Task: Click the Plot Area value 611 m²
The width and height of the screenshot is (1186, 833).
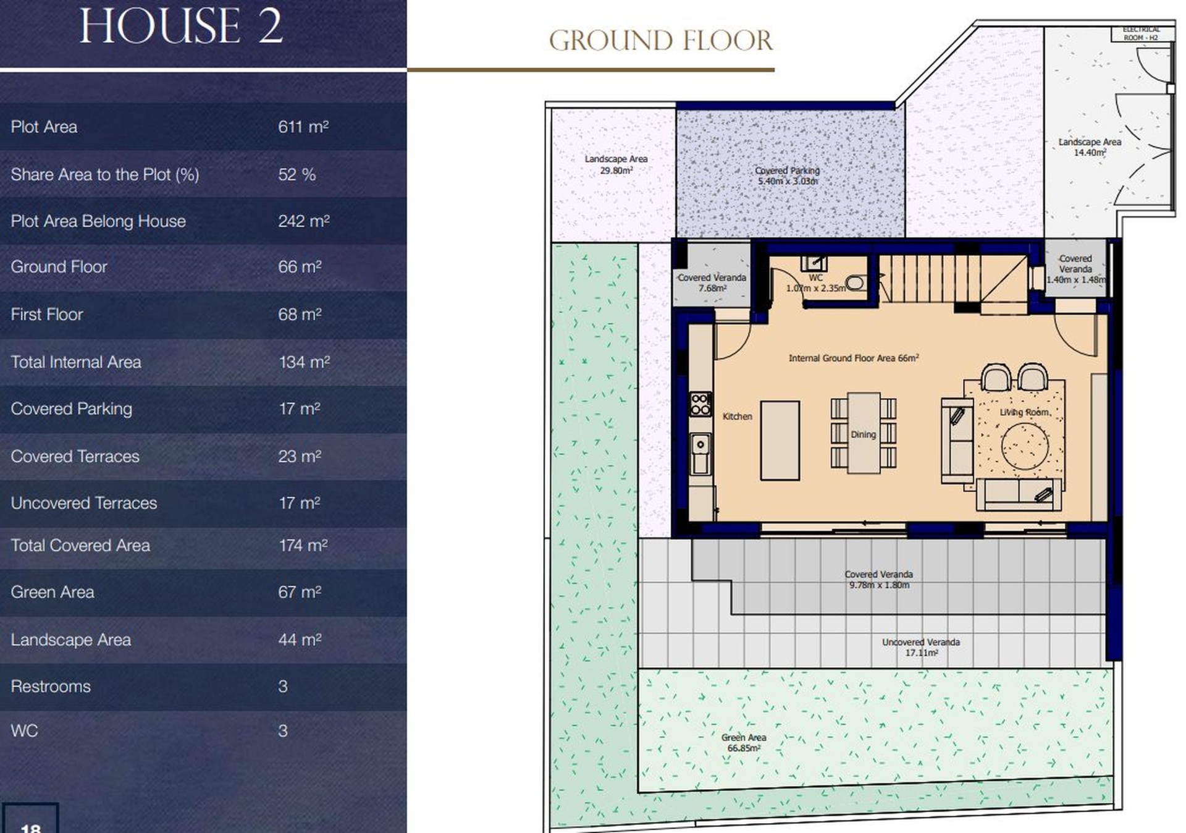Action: click(x=303, y=127)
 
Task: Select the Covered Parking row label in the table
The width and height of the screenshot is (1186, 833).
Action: click(x=72, y=409)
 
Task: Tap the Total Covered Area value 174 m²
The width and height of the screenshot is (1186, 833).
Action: click(x=303, y=546)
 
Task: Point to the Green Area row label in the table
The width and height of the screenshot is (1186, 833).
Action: click(x=53, y=592)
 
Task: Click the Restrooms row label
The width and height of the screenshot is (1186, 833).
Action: click(x=51, y=687)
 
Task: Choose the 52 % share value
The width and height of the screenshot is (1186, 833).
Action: click(x=296, y=174)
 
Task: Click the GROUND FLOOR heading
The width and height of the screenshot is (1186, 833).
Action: click(x=660, y=41)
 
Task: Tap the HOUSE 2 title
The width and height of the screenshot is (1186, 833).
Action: click(x=181, y=26)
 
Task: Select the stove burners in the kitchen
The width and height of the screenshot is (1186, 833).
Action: click(x=700, y=404)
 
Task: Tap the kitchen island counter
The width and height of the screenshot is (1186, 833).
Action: click(x=780, y=441)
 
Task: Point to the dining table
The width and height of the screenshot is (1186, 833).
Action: click(x=864, y=433)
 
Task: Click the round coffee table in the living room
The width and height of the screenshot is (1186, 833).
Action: click(x=1025, y=446)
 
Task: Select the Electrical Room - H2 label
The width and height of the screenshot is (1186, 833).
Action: click(x=1141, y=33)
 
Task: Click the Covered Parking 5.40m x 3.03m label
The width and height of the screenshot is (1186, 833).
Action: click(x=788, y=176)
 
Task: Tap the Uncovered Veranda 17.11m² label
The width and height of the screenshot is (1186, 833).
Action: click(x=921, y=647)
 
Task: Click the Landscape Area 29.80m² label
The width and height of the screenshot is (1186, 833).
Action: click(x=616, y=164)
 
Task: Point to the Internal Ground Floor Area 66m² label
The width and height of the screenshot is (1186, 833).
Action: click(x=854, y=358)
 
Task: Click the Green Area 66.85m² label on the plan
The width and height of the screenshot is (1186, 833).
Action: click(x=744, y=743)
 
